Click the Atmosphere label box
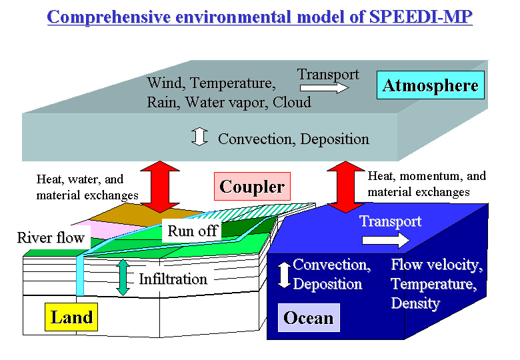[431, 86]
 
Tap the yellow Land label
[71, 317]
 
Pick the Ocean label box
[308, 317]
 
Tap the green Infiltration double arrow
[123, 277]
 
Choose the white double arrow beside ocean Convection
[284, 275]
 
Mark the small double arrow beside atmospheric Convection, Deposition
[198, 137]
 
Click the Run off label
[193, 231]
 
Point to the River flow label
[51, 237]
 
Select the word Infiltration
[173, 279]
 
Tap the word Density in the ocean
[415, 303]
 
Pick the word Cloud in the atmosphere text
[292, 102]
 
